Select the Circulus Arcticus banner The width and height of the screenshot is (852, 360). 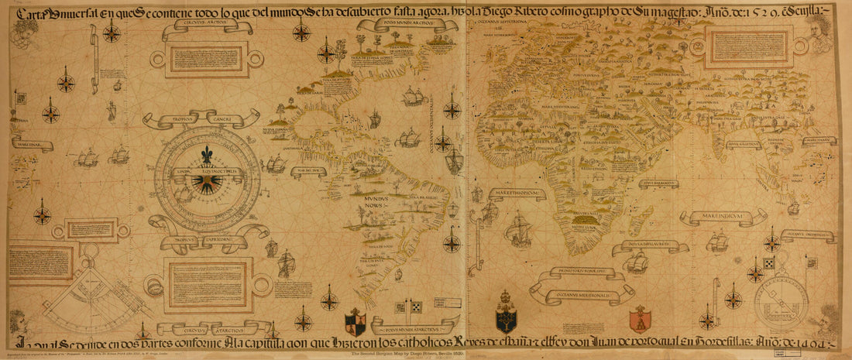207,26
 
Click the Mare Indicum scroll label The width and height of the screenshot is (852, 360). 713,217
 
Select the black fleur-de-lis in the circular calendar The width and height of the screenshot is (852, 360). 206,155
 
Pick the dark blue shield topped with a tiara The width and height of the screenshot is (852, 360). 507,316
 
